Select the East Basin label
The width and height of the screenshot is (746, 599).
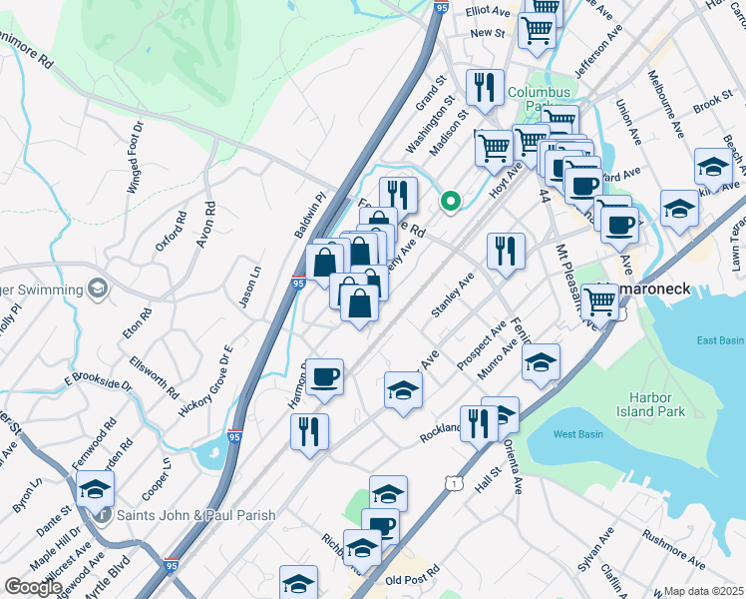pyautogui.click(x=720, y=340)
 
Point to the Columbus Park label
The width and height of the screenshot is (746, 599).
pyautogui.click(x=539, y=99)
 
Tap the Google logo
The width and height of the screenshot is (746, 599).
pyautogui.click(x=32, y=587)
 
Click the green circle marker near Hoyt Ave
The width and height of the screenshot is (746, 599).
pyautogui.click(x=451, y=203)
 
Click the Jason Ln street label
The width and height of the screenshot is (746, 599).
pyautogui.click(x=247, y=284)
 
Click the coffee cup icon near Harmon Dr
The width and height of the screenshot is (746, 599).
pyautogui.click(x=325, y=377)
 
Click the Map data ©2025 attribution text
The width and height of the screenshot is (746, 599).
pyautogui.click(x=703, y=591)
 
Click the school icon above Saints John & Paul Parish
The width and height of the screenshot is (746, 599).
pyautogui.click(x=95, y=488)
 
